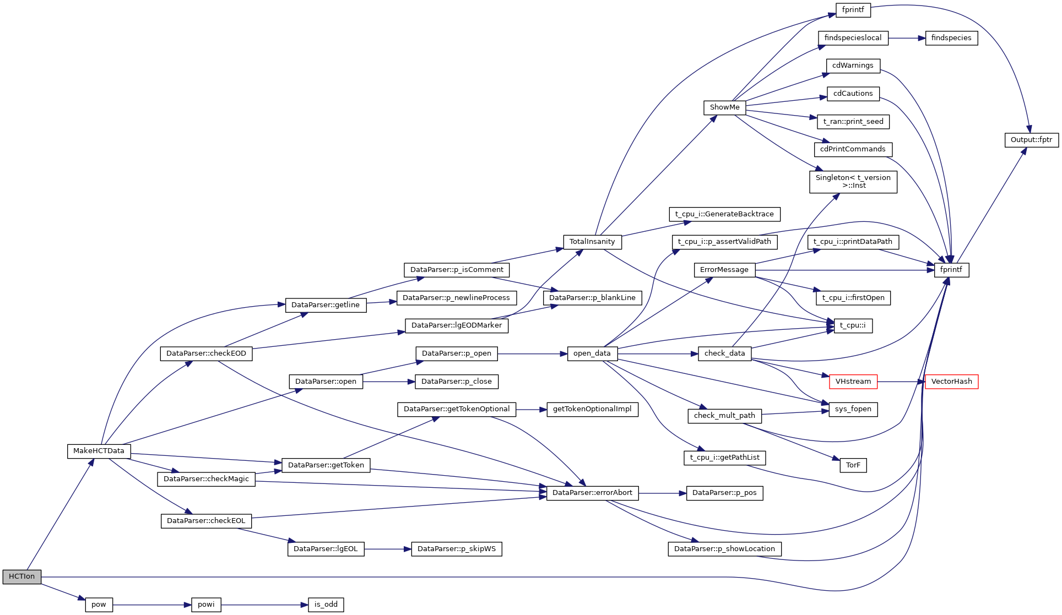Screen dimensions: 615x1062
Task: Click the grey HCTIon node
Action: (21, 576)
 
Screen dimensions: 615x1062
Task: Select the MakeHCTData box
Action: (99, 451)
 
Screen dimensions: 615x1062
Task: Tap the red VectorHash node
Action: (951, 382)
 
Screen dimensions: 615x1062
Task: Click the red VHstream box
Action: (853, 382)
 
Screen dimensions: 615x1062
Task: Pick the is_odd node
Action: (326, 605)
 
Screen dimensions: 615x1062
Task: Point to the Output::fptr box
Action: (1031, 140)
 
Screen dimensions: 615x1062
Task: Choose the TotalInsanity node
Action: (592, 242)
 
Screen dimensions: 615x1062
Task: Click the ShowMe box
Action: (724, 107)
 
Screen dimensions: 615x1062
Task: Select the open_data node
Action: (592, 353)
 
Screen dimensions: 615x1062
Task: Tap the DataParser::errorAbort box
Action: (592, 493)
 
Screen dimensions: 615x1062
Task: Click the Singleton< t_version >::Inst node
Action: (853, 182)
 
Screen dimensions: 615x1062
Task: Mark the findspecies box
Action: (951, 38)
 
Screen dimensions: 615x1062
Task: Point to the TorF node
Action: (853, 465)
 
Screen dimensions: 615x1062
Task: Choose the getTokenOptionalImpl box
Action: (592, 409)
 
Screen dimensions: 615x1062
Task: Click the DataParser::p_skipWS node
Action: (456, 549)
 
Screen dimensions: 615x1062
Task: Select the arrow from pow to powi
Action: (151, 605)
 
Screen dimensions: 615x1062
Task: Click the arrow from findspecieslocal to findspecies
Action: (906, 38)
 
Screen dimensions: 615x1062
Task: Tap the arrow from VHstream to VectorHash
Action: (901, 382)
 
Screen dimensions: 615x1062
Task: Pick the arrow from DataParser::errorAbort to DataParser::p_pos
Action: (662, 493)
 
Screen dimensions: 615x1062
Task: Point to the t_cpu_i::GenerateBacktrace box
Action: (724, 214)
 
